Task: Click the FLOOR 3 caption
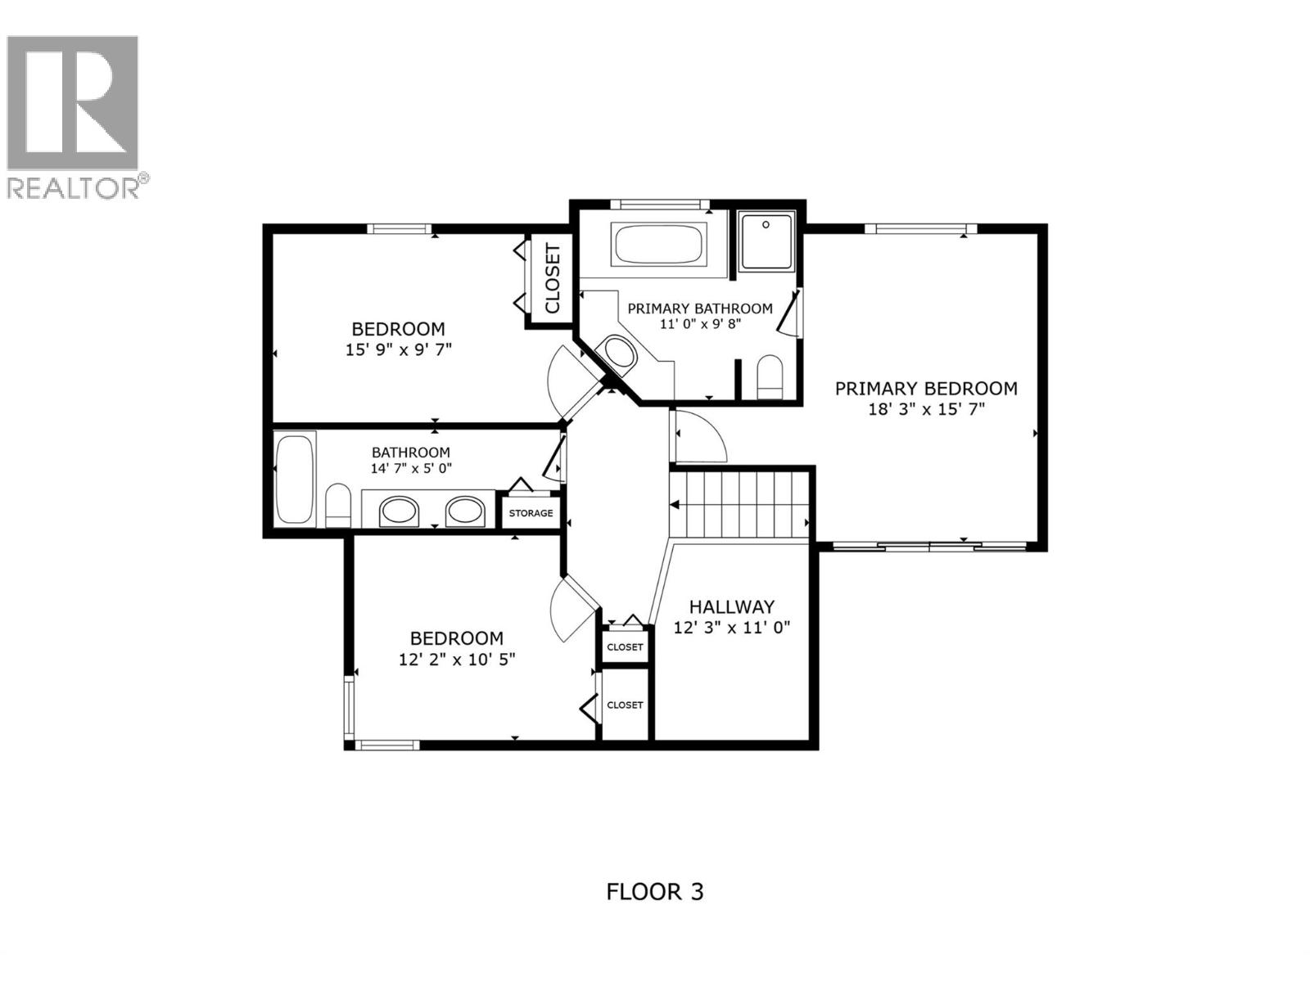tap(654, 891)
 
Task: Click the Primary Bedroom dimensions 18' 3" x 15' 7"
tap(926, 408)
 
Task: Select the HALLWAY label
tap(731, 606)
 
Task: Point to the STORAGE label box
tap(531, 513)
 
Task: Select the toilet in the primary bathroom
tap(770, 378)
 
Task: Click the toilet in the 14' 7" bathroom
tap(337, 507)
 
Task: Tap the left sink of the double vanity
tap(399, 511)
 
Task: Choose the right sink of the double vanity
tap(465, 511)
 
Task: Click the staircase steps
tap(739, 503)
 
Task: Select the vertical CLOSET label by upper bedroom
tap(552, 279)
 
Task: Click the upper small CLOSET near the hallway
tap(626, 646)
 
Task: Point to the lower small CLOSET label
tap(626, 705)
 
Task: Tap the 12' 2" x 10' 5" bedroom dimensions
tap(456, 659)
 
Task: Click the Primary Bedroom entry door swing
tap(698, 437)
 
